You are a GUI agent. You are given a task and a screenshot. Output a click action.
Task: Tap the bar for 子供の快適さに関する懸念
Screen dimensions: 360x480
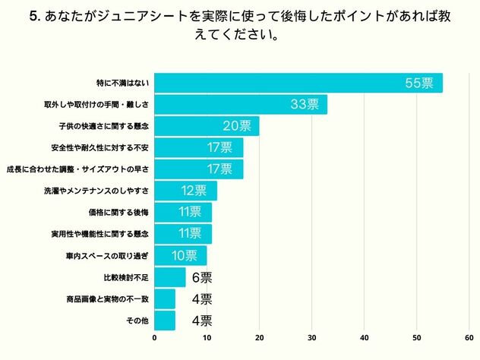[207, 126]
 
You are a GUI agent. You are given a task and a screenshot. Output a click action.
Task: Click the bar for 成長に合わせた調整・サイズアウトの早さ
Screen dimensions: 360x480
[199, 169]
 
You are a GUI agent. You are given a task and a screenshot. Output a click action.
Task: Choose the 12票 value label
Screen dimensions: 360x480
[194, 191]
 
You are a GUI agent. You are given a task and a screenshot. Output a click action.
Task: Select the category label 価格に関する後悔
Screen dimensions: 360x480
[122, 212]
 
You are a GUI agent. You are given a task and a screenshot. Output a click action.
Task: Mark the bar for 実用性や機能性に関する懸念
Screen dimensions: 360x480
[183, 233]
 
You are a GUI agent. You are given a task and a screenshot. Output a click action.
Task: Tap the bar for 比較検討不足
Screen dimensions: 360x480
[170, 276]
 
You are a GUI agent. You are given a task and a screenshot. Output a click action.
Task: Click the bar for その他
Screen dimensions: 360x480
[165, 320]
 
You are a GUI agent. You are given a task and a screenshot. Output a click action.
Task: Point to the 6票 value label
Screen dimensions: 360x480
[202, 277]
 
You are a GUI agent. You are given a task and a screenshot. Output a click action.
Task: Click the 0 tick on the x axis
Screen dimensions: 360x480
[155, 337]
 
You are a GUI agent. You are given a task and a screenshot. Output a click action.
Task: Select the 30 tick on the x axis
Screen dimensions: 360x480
[312, 337]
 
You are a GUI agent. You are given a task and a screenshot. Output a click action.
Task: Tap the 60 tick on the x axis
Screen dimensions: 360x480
[469, 337]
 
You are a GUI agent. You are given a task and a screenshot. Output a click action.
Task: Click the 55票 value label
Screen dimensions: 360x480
[419, 84]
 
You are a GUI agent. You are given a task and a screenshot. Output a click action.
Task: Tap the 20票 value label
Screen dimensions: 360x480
[236, 126]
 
